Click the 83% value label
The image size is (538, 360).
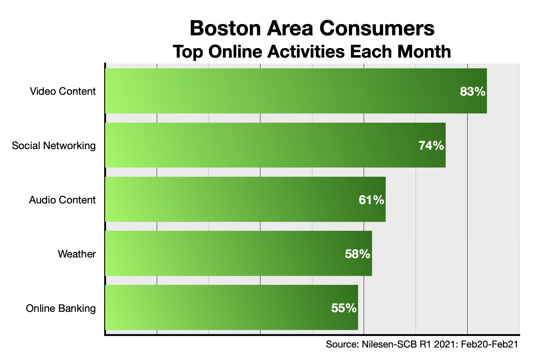[472, 91]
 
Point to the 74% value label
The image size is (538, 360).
[431, 146]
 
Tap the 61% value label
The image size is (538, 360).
[371, 200]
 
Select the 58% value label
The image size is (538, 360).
[357, 254]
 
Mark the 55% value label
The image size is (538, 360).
[344, 308]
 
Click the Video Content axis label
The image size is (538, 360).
[63, 91]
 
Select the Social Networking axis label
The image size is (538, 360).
[54, 146]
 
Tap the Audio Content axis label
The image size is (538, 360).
[62, 200]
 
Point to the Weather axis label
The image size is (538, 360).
[77, 254]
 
